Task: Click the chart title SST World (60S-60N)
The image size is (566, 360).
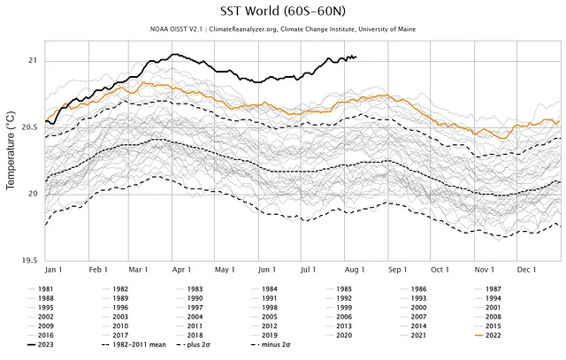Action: (x=282, y=13)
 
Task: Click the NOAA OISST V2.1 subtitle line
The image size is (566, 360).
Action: (x=282, y=31)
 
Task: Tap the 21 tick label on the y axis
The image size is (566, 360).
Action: (x=33, y=61)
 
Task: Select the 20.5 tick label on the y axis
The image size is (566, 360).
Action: (x=29, y=127)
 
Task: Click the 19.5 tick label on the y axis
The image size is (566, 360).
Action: (x=29, y=260)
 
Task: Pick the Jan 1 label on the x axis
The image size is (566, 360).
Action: (x=52, y=270)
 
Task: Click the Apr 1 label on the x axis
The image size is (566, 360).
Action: (x=180, y=270)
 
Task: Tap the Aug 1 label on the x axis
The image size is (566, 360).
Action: (x=354, y=270)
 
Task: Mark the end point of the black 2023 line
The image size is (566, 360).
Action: (x=356, y=57)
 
